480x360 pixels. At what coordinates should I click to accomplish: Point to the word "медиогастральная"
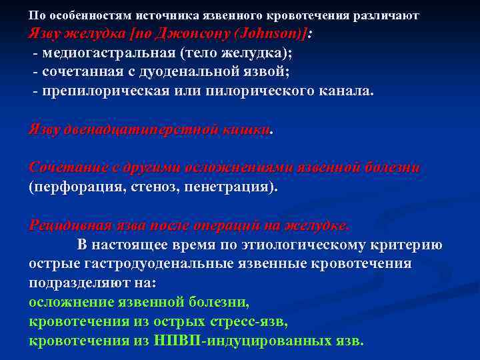(109, 52)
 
